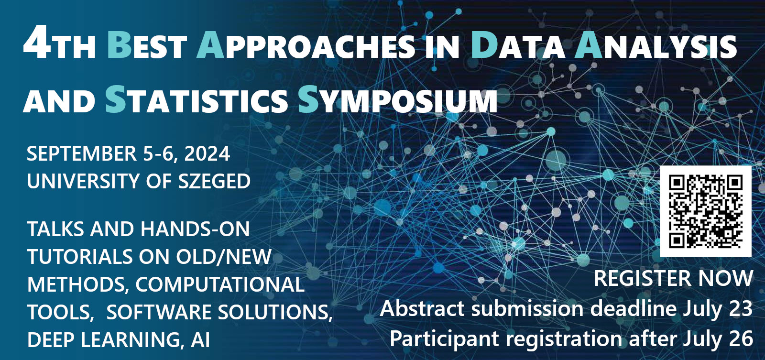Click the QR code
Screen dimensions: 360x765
(705, 211)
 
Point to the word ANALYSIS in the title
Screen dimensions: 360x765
(656, 45)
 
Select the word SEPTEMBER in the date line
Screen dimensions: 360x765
(82, 154)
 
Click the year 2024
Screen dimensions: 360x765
(207, 154)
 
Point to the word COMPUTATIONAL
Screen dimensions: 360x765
(220, 285)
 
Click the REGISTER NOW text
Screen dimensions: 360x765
(673, 279)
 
